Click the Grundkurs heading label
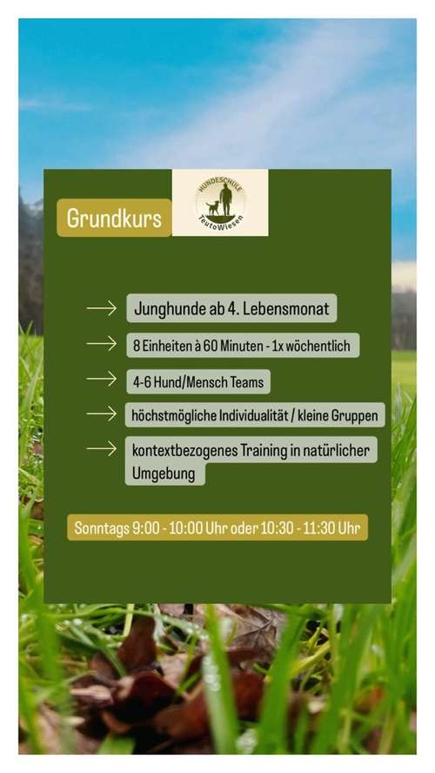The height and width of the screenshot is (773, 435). coord(114,218)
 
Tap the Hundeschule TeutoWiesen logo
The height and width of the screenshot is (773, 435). coord(220,202)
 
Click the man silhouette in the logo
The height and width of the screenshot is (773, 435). coord(225,198)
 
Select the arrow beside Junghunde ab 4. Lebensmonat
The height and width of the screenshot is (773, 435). coord(102,309)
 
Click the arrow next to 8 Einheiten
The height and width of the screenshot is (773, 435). coord(102,345)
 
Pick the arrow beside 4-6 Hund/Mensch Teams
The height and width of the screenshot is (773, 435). coord(102,380)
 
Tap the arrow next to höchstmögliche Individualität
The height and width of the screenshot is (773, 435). coord(102,414)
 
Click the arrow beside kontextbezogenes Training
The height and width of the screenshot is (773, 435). coord(102,449)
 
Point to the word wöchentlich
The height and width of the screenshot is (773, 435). coord(317,346)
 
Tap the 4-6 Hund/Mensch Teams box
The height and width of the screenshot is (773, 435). coord(197,380)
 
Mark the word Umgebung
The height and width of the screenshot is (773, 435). coord(165,474)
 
